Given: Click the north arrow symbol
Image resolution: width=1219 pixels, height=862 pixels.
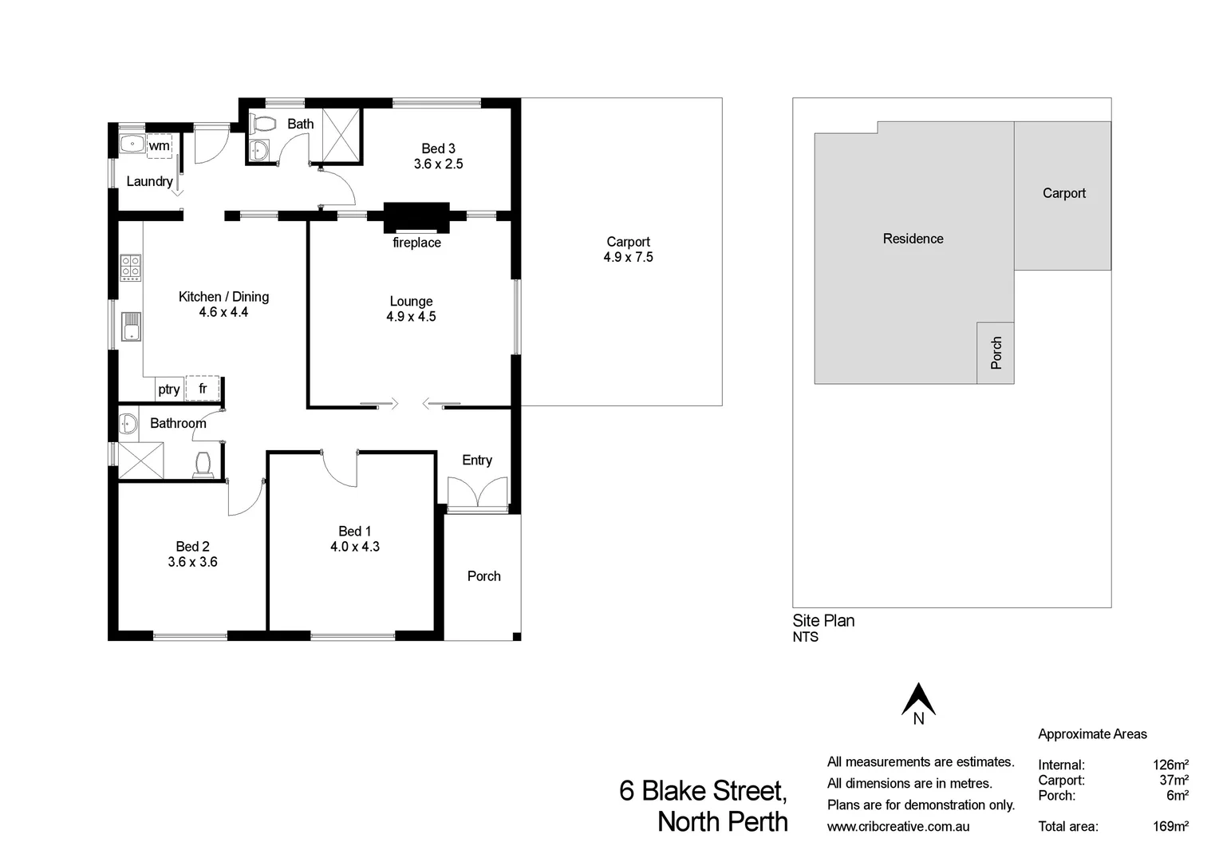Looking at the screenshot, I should tap(918, 699).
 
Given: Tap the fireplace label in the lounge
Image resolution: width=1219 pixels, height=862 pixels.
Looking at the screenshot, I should tap(416, 243).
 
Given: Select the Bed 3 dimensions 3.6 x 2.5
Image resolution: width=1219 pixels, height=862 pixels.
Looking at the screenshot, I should tap(438, 164).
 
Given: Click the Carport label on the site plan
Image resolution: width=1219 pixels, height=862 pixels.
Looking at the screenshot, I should tap(1063, 193).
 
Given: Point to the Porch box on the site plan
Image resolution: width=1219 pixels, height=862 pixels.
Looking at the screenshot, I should tap(996, 353).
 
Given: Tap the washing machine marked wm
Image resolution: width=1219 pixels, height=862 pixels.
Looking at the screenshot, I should tap(160, 146).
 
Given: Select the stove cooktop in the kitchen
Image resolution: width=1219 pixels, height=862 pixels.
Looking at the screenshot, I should tap(131, 267).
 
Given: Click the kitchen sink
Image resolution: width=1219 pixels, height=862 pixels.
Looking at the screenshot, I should tap(131, 327).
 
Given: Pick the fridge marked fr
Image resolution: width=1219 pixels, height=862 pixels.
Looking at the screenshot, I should tap(203, 389).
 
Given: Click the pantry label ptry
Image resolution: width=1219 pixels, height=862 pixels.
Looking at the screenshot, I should tap(168, 389).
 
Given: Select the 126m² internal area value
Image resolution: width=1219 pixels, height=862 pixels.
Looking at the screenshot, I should tap(1170, 765).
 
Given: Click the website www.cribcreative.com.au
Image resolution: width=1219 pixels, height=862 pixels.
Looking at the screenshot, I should tap(898, 827).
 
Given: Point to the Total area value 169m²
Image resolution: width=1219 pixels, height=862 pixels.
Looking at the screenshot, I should tap(1170, 826).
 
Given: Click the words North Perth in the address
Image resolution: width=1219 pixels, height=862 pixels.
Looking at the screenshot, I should tap(722, 821).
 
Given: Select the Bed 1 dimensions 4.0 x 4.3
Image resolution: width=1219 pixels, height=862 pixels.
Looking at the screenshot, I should tap(355, 547).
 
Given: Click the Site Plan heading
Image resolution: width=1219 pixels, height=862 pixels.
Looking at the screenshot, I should tap(823, 620).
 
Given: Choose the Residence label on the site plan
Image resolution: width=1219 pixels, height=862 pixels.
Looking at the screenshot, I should tap(913, 239).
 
